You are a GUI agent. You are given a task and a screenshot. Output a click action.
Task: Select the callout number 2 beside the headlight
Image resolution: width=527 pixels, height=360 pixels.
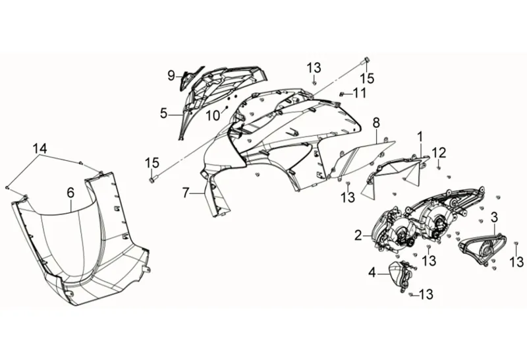(x=358, y=235)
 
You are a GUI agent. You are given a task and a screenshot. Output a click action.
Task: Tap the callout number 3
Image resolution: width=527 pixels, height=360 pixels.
(x=494, y=216)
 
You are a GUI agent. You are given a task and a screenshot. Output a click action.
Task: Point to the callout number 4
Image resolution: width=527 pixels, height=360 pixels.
(x=372, y=271)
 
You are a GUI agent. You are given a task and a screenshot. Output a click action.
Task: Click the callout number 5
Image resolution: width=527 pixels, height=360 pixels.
(x=163, y=113)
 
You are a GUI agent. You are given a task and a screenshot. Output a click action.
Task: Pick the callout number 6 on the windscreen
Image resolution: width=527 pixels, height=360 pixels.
(x=70, y=193)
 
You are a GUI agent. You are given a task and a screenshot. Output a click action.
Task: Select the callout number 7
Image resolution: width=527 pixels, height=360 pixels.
(x=186, y=193)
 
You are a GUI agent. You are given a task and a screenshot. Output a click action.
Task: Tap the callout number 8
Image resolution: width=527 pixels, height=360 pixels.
(x=376, y=123)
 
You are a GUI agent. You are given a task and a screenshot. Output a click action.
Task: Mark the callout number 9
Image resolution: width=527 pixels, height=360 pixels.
(x=171, y=75)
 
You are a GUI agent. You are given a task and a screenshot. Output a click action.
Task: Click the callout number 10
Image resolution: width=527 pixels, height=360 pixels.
(x=212, y=116)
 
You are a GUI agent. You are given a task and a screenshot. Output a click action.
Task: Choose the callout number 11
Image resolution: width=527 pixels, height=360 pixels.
(x=359, y=93)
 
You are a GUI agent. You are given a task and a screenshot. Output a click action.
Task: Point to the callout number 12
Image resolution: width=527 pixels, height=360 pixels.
(x=439, y=153)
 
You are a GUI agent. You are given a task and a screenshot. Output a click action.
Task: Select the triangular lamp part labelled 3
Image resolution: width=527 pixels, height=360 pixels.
(x=482, y=249)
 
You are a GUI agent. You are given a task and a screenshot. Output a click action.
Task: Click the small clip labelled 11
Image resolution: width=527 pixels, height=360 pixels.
(x=343, y=94)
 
